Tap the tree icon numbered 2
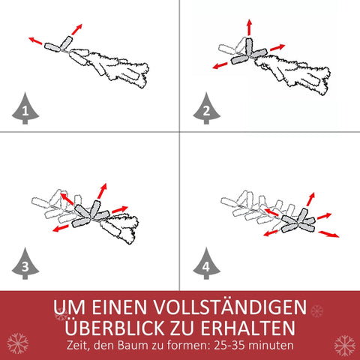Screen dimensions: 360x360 pyautogui.click(x=205, y=111)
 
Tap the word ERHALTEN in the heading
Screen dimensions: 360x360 pyautogui.click(x=251, y=328)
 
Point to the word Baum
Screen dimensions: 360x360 pyautogui.click(x=142, y=346)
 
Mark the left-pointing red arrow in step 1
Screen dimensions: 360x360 pyautogui.click(x=35, y=39)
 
